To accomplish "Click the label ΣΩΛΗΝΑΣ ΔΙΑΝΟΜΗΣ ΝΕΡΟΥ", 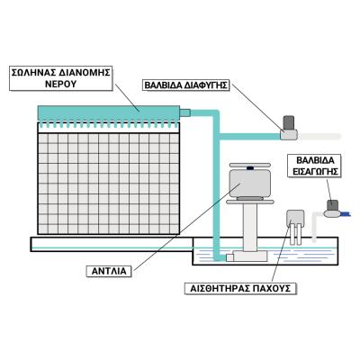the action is click(60, 77).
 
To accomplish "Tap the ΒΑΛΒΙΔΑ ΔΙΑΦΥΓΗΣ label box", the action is click(185, 85).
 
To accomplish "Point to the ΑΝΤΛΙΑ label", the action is click(109, 271).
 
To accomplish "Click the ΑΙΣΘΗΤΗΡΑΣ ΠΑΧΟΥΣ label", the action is click(240, 288).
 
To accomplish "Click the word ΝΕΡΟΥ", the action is click(60, 84).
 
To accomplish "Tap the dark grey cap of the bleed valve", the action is click(289, 122).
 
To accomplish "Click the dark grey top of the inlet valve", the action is click(332, 204).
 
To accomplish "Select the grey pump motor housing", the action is click(250, 183).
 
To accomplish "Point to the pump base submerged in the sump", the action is click(247, 256).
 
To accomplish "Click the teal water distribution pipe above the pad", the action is click(109, 113).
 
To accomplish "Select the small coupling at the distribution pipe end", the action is click(184, 112).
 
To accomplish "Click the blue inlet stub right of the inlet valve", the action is click(346, 213).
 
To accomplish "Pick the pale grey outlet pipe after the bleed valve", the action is click(319, 136).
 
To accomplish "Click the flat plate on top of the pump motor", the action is click(249, 165).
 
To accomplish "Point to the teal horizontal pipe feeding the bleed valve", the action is click(250, 137).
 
